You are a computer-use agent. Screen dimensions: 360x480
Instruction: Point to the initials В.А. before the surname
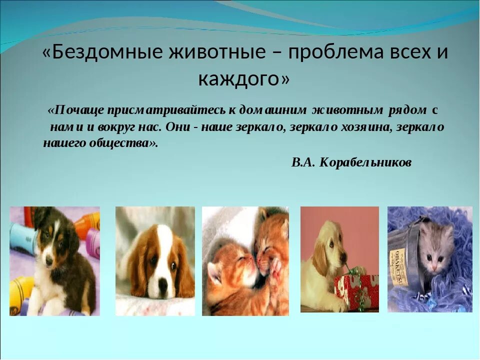(x=303, y=162)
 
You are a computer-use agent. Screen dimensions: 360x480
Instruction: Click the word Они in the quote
(x=178, y=126)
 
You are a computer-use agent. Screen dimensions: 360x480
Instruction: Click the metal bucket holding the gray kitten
(x=404, y=270)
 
